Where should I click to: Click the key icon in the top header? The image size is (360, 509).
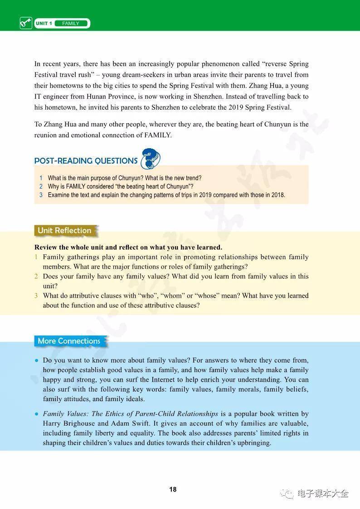pyautogui.click(x=26, y=23)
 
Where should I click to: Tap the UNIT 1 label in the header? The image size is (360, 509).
pyautogui.click(x=44, y=24)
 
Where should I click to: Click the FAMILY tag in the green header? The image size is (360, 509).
pyautogui.click(x=71, y=24)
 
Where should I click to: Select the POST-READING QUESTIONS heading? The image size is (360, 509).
pyautogui.click(x=86, y=161)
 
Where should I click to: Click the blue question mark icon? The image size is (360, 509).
pyautogui.click(x=151, y=159)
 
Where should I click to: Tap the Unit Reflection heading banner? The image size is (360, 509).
pyautogui.click(x=64, y=231)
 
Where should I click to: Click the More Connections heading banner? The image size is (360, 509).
pyautogui.click(x=69, y=341)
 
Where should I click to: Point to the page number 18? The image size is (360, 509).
pyautogui.click(x=173, y=490)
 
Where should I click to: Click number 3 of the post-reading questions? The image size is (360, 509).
pyautogui.click(x=41, y=195)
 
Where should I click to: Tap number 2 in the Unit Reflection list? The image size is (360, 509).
pyautogui.click(x=36, y=276)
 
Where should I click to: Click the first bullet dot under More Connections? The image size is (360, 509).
pyautogui.click(x=36, y=361)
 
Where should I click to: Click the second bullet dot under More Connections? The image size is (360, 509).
pyautogui.click(x=36, y=414)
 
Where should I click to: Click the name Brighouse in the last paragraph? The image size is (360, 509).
pyautogui.click(x=79, y=423)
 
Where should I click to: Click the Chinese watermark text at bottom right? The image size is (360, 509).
pyautogui.click(x=323, y=494)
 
